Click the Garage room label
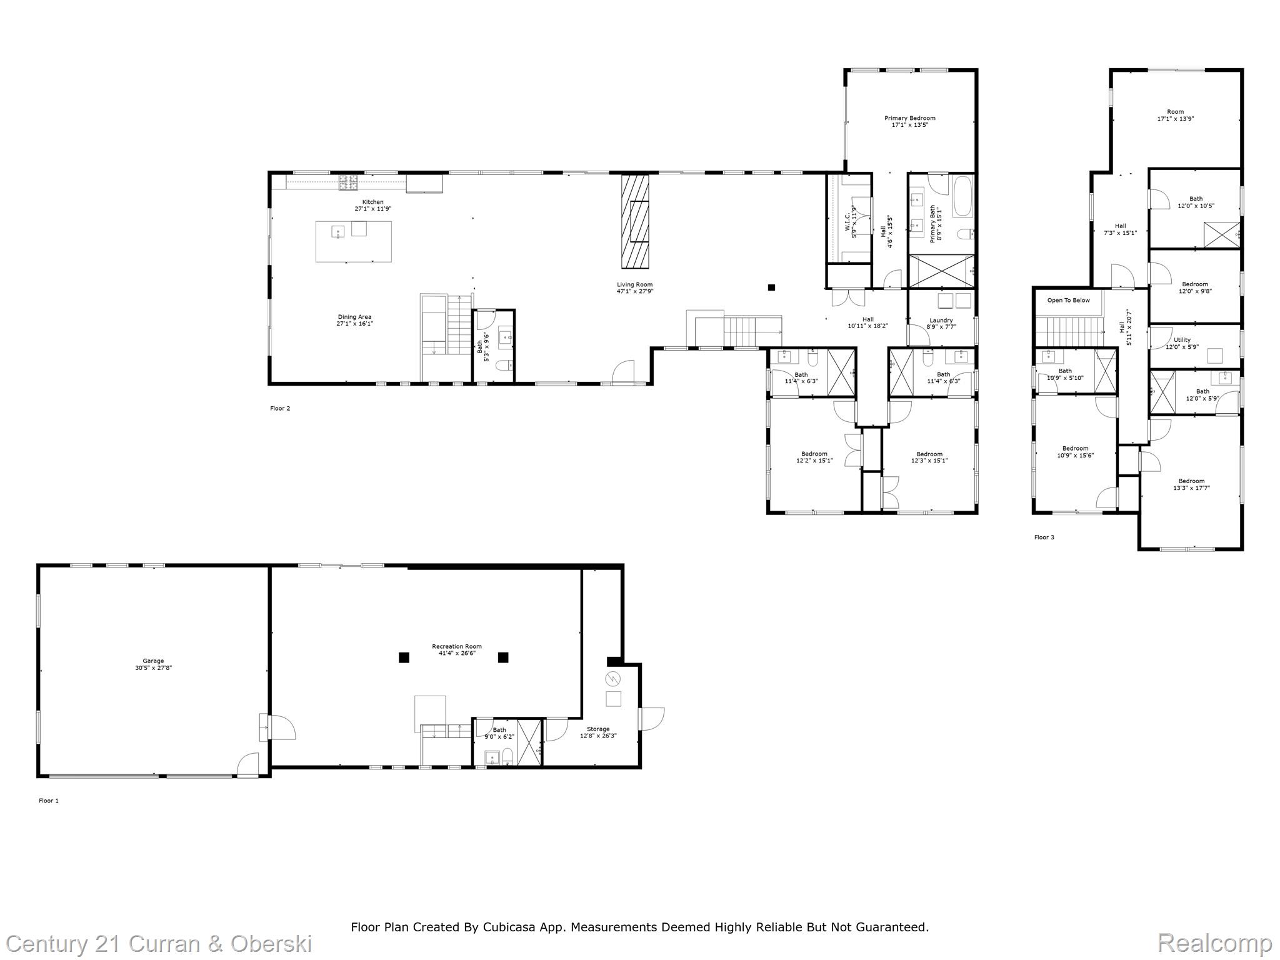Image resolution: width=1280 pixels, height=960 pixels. [x=153, y=661]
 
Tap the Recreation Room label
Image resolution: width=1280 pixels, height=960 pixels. [x=456, y=646]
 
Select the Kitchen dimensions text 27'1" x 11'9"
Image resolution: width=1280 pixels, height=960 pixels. [x=372, y=209]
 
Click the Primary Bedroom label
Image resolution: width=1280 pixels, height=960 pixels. [x=909, y=118]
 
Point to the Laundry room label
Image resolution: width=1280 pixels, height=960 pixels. [x=941, y=321]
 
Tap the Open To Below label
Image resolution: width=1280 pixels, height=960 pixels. [x=1068, y=301]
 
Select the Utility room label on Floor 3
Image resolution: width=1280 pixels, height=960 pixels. [x=1182, y=340]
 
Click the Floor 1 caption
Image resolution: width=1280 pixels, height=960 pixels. [x=49, y=801]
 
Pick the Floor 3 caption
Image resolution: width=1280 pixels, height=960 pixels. [x=1044, y=537]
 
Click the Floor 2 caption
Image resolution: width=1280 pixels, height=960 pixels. [x=280, y=409]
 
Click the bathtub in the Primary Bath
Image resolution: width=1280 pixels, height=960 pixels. [x=962, y=196]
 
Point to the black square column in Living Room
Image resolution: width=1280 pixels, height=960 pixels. [x=771, y=287]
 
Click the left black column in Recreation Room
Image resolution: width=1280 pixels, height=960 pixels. [x=404, y=657]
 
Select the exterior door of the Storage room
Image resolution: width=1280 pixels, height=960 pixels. [x=650, y=717]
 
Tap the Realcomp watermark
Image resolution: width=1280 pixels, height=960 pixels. [x=1214, y=943]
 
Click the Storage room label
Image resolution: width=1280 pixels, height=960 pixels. [x=597, y=729]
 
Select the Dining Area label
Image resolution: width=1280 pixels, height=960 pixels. [x=354, y=317]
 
